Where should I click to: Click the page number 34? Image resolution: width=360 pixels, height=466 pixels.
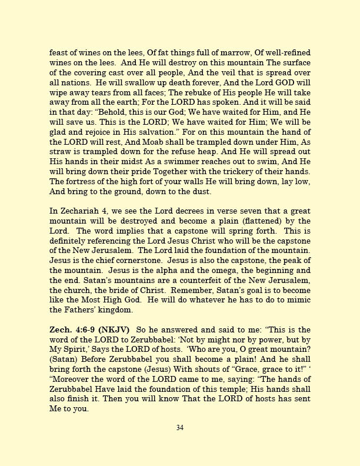pos(180,428)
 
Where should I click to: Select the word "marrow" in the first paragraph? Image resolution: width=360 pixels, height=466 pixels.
pos(224,53)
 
